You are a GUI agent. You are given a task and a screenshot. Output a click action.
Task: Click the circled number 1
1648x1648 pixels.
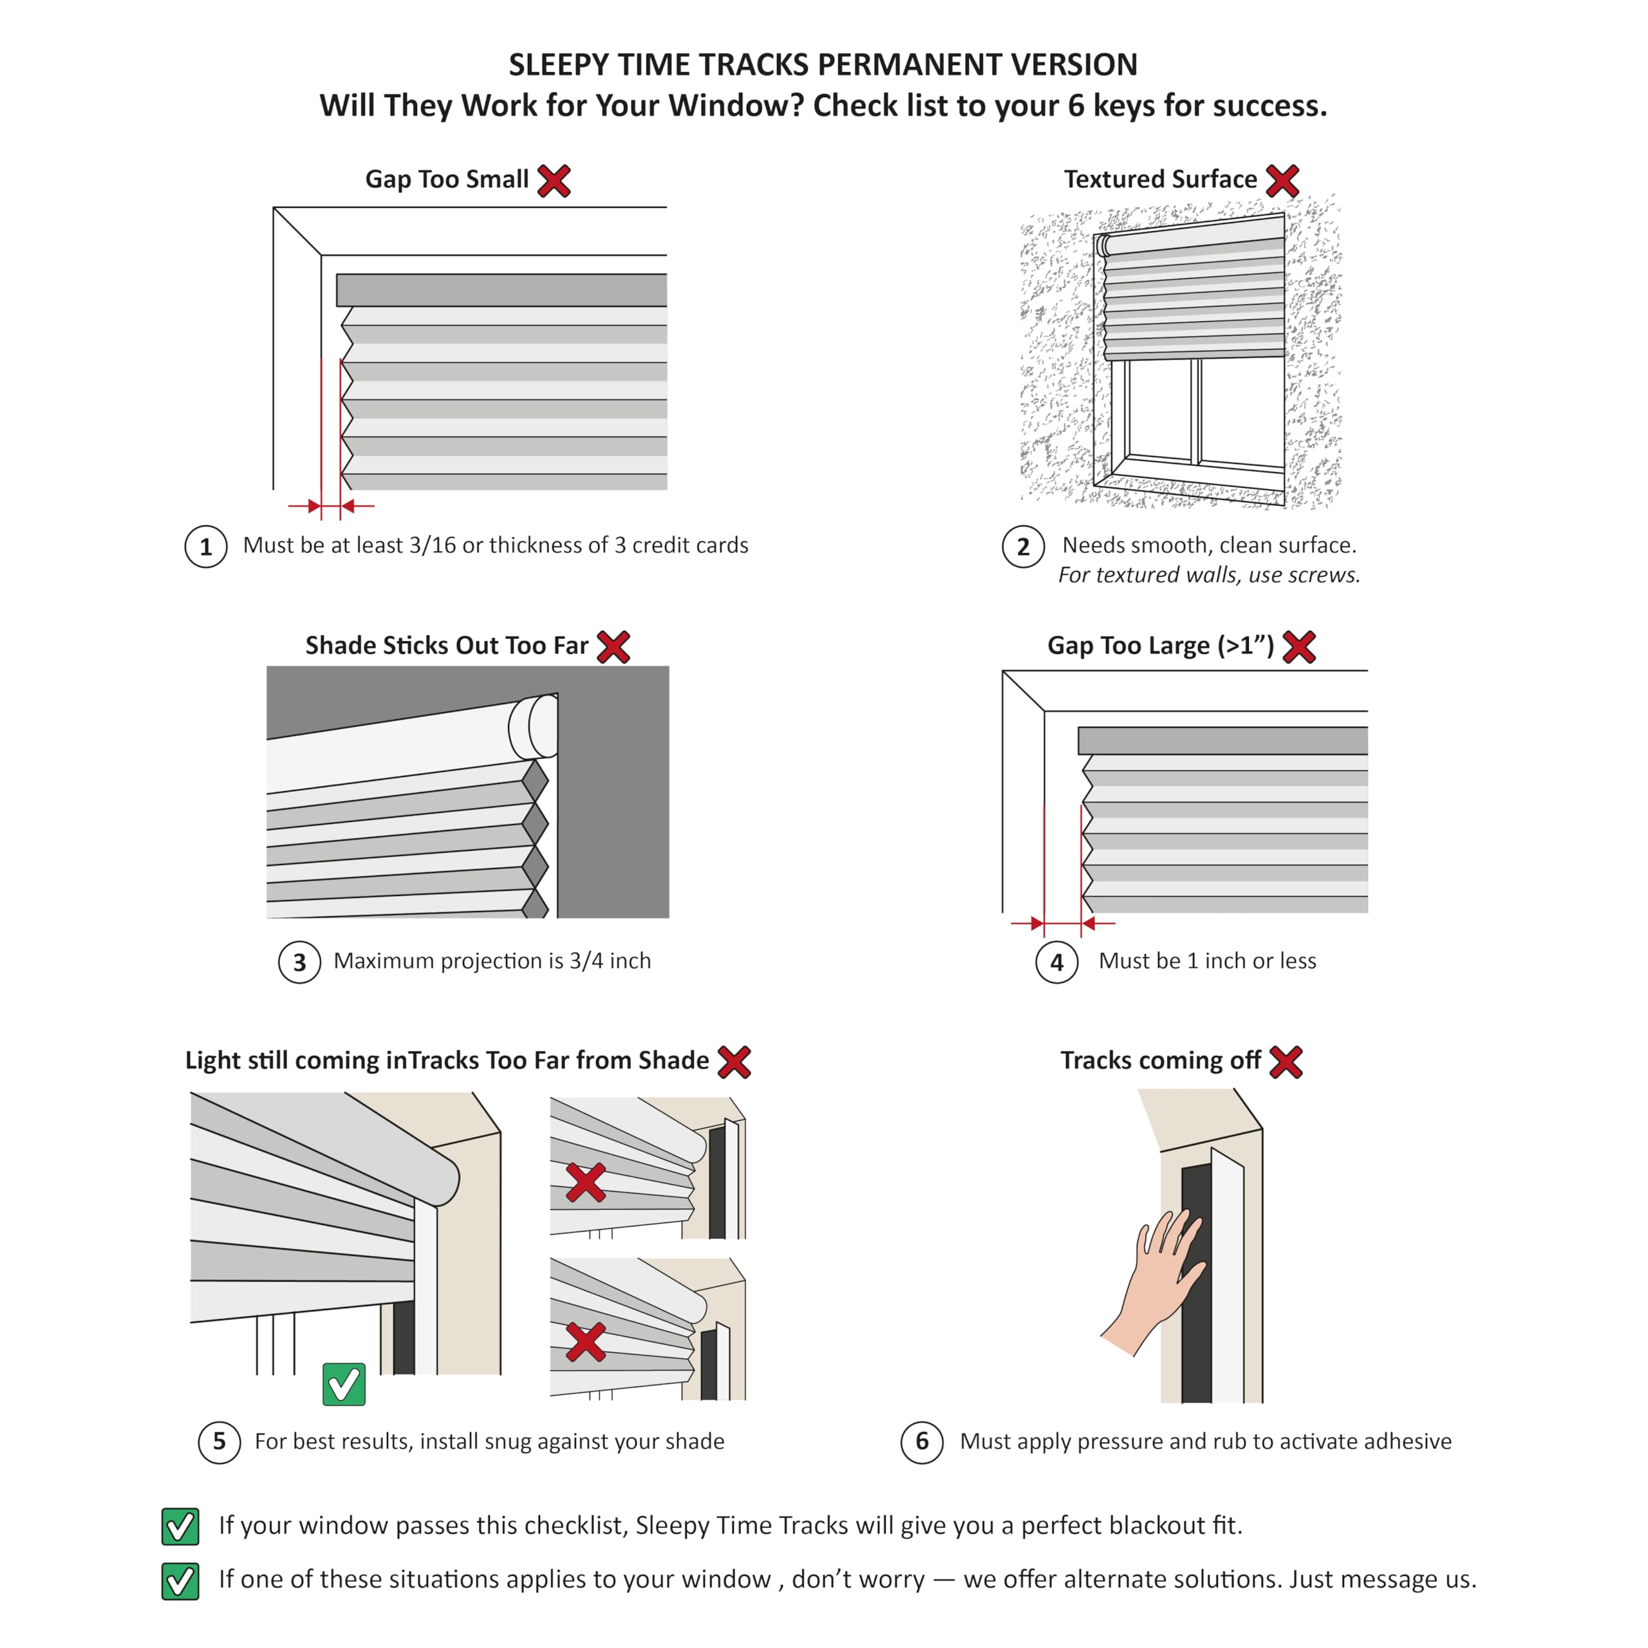(205, 547)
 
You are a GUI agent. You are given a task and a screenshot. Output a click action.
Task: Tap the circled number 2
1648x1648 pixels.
(1023, 547)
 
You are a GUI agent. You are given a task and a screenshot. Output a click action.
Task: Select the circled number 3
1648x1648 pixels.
(299, 962)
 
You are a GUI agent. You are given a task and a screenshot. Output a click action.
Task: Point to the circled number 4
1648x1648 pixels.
(1057, 962)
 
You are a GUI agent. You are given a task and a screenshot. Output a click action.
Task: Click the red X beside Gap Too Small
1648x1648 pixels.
(554, 181)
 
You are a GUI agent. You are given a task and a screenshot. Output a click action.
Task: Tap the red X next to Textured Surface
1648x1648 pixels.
(1282, 181)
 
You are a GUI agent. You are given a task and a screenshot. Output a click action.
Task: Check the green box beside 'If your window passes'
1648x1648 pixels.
(180, 1527)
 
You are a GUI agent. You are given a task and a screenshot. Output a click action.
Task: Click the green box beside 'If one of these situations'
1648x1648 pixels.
(180, 1580)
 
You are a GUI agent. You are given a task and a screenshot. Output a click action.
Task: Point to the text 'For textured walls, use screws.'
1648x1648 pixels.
(1209, 576)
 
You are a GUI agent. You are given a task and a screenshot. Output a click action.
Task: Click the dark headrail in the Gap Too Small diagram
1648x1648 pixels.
(501, 290)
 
